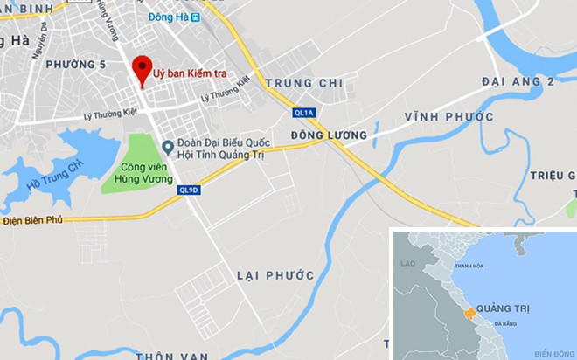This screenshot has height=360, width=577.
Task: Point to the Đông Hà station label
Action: coord(170,17)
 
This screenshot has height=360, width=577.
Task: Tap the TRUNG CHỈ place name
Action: coord(304,84)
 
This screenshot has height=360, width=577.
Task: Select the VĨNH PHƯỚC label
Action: coord(449,116)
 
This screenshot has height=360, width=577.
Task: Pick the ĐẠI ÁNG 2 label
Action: coord(518,81)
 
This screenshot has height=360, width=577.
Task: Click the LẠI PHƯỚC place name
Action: coord(275,275)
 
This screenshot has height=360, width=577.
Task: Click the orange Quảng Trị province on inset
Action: coord(469,312)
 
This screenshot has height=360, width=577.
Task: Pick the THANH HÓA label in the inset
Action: coord(469,267)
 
